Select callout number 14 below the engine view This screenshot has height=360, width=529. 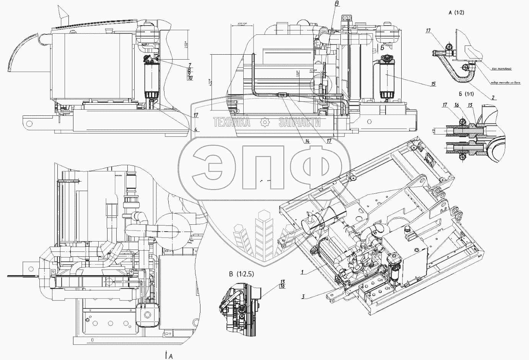click(x=307, y=141)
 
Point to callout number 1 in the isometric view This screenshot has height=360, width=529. click(x=302, y=272)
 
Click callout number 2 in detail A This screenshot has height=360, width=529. click(x=493, y=98)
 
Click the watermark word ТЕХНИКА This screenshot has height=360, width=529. click(x=231, y=122)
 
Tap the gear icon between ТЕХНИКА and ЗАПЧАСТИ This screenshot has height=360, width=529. click(x=264, y=122)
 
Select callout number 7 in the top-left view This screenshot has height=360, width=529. click(x=189, y=65)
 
